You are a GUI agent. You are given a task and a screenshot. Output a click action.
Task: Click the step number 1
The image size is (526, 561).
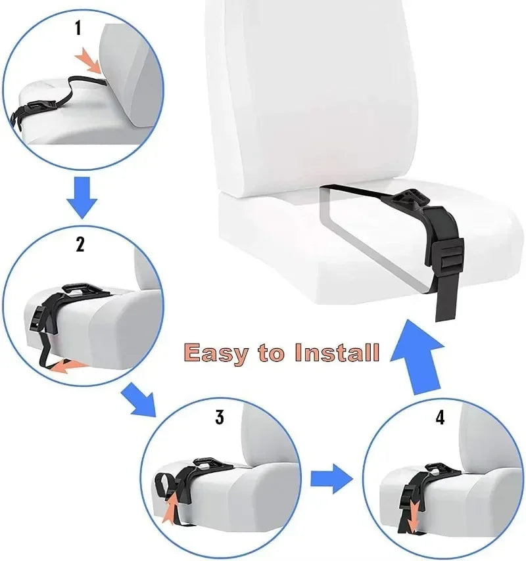point(79,28)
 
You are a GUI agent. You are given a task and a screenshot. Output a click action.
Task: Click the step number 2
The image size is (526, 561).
point(80,245)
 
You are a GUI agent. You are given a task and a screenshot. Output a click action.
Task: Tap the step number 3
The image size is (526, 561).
point(220,416)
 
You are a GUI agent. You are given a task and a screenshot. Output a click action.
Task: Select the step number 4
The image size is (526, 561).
point(440,418)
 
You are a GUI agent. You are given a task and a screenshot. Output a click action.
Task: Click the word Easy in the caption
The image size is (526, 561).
point(217,353)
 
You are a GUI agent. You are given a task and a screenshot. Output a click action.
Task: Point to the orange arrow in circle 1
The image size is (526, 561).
point(89,62)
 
